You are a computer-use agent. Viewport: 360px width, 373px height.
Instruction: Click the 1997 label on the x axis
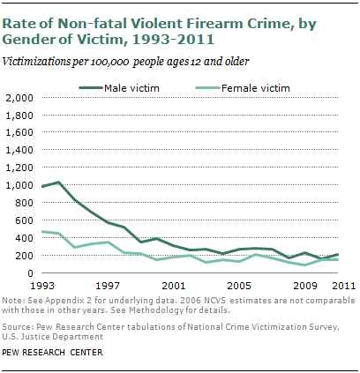[x=109, y=287]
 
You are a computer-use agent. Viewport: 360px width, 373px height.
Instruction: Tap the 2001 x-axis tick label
[x=174, y=287]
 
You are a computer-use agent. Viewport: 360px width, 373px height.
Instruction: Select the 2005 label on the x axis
[x=239, y=287]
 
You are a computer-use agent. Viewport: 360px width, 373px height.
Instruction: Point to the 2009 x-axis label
[x=304, y=287]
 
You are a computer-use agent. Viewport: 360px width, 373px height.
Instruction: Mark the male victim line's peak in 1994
[x=59, y=183]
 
